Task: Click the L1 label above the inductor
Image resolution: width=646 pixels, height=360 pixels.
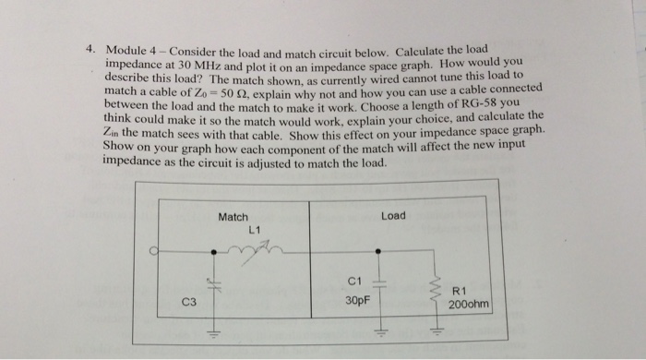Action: [x=255, y=228]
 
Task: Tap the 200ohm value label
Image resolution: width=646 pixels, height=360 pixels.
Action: [x=469, y=303]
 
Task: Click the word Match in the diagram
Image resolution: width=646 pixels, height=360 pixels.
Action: [x=233, y=217]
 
